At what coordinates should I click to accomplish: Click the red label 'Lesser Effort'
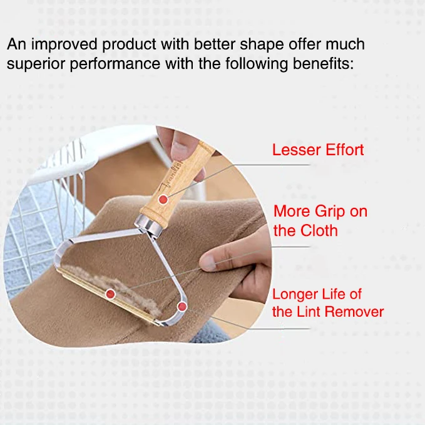317,150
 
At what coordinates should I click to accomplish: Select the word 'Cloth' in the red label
318,230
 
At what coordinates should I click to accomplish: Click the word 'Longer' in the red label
297,294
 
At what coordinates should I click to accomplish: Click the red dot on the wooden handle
163,199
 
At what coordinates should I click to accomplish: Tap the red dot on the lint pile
111,293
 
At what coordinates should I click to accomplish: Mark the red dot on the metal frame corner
182,306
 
